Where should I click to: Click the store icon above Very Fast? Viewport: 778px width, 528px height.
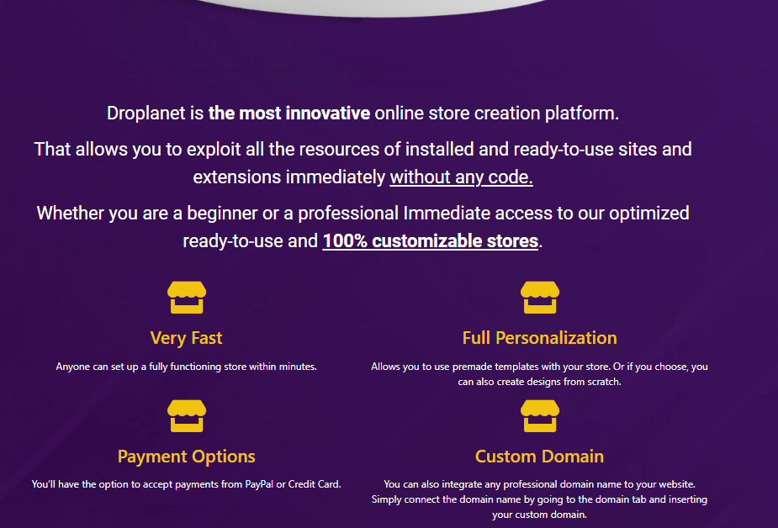(x=187, y=298)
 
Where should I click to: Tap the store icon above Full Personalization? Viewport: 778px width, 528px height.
(x=540, y=298)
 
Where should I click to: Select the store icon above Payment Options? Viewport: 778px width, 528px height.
(x=187, y=416)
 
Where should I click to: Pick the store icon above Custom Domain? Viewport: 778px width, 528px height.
(x=540, y=416)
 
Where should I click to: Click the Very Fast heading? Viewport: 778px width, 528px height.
(x=186, y=338)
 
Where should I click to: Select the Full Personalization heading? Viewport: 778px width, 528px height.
(x=540, y=338)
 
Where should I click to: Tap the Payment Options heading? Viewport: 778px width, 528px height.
(x=187, y=457)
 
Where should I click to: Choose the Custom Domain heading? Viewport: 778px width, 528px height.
(x=540, y=457)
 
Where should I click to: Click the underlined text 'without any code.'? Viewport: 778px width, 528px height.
(x=462, y=177)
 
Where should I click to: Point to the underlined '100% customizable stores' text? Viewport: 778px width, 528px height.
(x=430, y=241)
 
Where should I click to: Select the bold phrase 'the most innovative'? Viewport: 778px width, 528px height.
(x=289, y=114)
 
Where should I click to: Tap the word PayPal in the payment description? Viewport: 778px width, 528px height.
(x=259, y=484)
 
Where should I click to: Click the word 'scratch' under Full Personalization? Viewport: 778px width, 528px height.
(x=603, y=382)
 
